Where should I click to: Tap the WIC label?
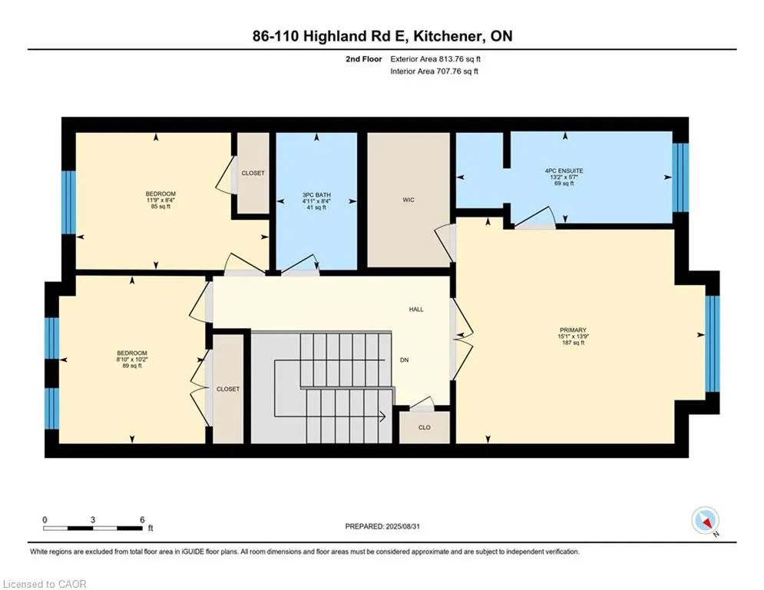pyautogui.click(x=408, y=200)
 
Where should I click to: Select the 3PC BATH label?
pyautogui.click(x=316, y=195)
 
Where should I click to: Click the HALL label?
pyautogui.click(x=415, y=310)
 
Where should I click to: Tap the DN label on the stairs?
pyautogui.click(x=404, y=359)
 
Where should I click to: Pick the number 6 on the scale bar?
pyautogui.click(x=142, y=519)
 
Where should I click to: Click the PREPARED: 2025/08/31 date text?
pyautogui.click(x=384, y=526)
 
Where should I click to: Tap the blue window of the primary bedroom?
pyautogui.click(x=712, y=343)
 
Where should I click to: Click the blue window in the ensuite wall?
pyautogui.click(x=680, y=177)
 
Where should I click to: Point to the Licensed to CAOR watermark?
pyautogui.click(x=45, y=584)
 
